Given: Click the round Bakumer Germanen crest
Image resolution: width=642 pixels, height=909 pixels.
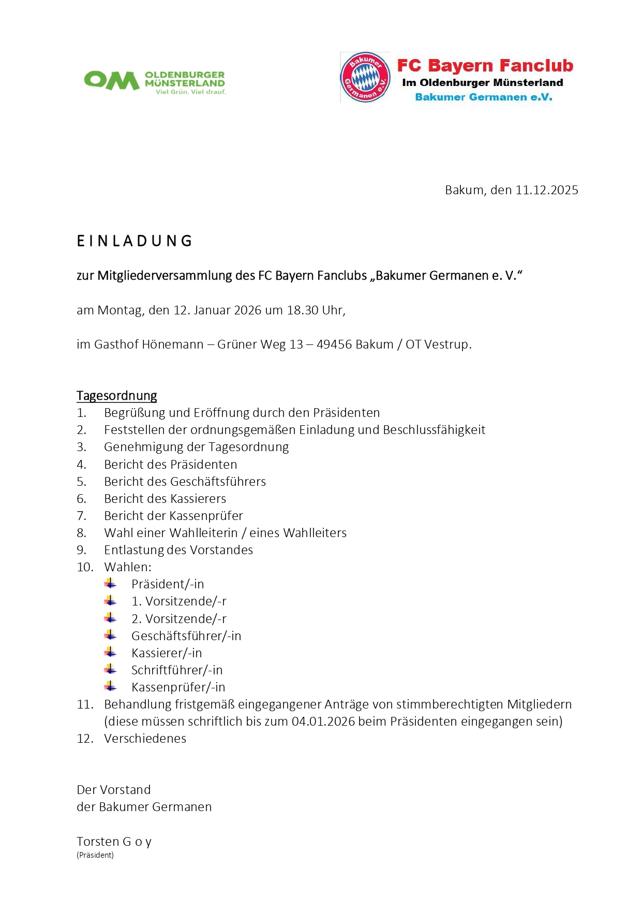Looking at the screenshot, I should click(365, 77).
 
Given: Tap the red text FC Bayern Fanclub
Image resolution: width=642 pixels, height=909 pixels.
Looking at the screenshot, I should click(485, 66).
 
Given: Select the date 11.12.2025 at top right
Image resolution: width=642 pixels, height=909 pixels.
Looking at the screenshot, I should click(546, 190).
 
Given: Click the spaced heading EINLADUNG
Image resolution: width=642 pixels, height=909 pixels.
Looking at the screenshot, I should click(135, 241).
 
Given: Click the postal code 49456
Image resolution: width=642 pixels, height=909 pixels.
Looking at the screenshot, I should click(334, 344).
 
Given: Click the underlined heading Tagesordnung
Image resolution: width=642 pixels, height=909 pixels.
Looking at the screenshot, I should click(116, 396).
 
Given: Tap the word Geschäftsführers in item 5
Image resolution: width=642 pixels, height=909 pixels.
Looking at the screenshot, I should click(218, 482).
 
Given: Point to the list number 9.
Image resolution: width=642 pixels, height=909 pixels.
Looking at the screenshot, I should click(81, 550).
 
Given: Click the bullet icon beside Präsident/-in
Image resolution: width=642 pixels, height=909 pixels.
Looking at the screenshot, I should click(110, 584).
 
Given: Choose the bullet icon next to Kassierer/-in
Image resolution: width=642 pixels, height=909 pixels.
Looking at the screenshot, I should click(110, 653).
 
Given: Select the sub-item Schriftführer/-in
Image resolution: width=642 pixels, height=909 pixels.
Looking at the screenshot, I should click(177, 670).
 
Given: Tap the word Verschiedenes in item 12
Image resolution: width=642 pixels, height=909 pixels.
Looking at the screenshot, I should click(145, 739).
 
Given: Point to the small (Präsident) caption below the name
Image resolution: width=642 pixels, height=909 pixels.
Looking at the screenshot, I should click(95, 855).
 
